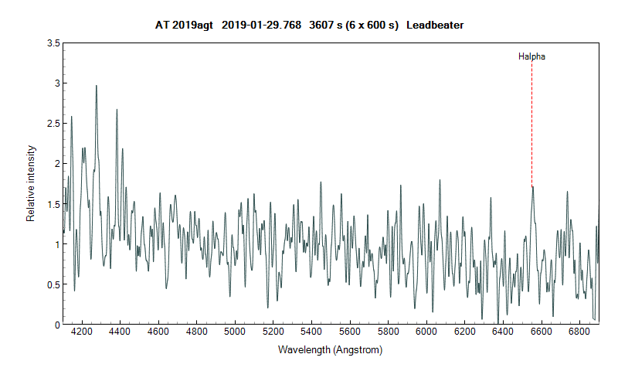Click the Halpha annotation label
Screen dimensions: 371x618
coord(532,56)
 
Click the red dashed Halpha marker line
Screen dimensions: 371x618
coord(531,124)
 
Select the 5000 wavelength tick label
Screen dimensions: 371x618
coord(235,331)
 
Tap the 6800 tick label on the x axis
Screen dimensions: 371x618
coord(579,331)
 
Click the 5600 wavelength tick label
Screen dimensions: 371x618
coord(350,331)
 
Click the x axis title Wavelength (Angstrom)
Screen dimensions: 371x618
coord(331,350)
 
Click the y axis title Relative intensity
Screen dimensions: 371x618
coord(31,184)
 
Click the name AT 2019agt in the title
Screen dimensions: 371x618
coord(178,26)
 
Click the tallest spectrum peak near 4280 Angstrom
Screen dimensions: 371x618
coord(96,86)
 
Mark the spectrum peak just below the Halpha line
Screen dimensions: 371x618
coord(532,187)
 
